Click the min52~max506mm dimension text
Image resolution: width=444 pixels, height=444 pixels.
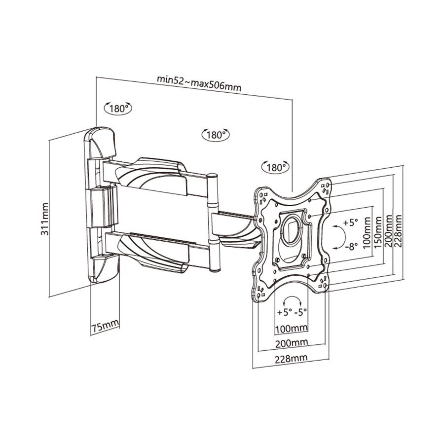[199, 82]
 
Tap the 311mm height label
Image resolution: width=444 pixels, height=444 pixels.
[45, 218]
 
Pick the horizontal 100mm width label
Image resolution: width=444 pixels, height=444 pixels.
[291, 328]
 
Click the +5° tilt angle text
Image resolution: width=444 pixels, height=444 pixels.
[350, 222]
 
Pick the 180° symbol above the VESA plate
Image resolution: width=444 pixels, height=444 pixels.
[274, 167]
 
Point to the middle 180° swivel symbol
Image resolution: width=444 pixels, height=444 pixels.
[216, 134]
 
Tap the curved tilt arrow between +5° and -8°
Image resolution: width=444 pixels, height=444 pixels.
[337, 235]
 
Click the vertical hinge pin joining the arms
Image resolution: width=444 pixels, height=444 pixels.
[213, 222]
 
